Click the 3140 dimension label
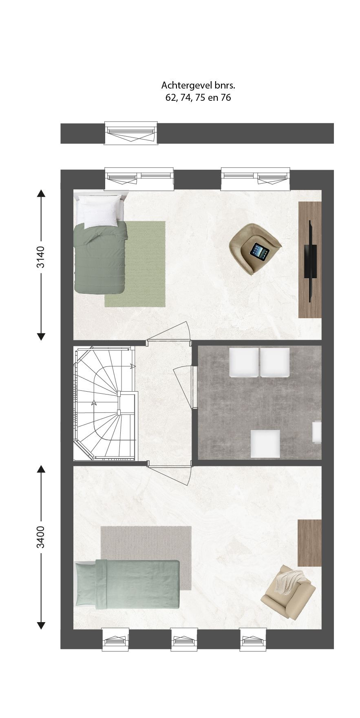click(x=41, y=257)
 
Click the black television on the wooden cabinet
click(x=310, y=261)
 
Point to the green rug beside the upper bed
click(x=135, y=264)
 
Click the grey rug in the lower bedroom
click(x=146, y=558)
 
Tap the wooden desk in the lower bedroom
click(x=309, y=543)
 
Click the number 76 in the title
click(x=226, y=98)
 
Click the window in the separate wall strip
click(x=131, y=133)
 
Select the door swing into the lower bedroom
click(x=169, y=474)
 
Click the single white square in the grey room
click(x=265, y=443)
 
